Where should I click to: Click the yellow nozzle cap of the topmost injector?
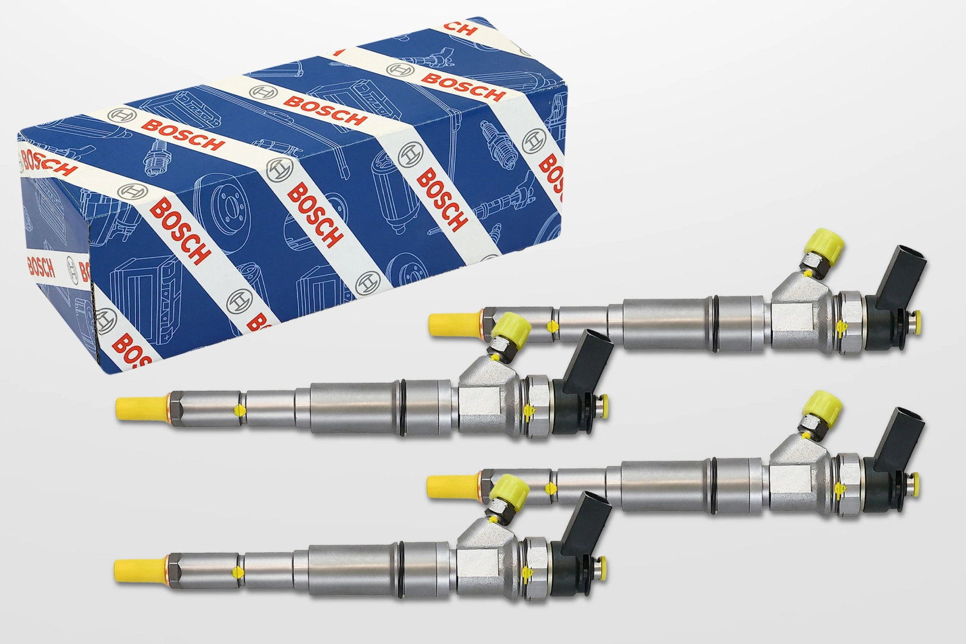coord(455,324)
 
